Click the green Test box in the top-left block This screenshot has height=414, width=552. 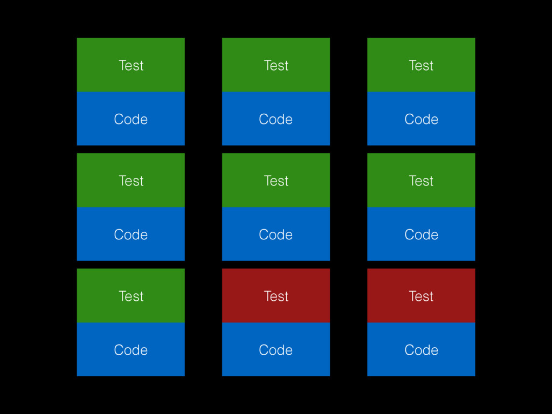(x=130, y=65)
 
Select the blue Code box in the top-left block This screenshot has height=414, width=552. (x=130, y=119)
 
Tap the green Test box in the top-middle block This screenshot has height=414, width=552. (x=276, y=65)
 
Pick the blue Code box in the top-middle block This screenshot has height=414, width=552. (x=276, y=119)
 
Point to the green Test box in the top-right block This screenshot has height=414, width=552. (x=421, y=65)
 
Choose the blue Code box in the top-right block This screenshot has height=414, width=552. (x=421, y=119)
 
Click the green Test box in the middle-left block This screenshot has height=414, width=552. (x=130, y=180)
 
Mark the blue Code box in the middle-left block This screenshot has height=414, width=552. (x=130, y=234)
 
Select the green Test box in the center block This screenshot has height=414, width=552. (x=276, y=180)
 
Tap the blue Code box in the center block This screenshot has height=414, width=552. (x=276, y=234)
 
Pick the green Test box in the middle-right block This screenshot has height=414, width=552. (x=421, y=180)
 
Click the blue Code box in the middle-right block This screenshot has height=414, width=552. (x=421, y=234)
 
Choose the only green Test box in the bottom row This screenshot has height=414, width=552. (x=130, y=296)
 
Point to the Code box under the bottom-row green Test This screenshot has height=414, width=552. (x=130, y=349)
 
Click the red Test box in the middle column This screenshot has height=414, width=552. (x=276, y=296)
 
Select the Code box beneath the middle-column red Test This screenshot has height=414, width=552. (x=276, y=349)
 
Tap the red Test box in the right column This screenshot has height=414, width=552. (x=421, y=296)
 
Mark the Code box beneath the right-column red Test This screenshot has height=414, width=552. (x=421, y=349)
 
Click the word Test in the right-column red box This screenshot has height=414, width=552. (x=421, y=296)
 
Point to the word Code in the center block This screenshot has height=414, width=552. (x=275, y=234)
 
